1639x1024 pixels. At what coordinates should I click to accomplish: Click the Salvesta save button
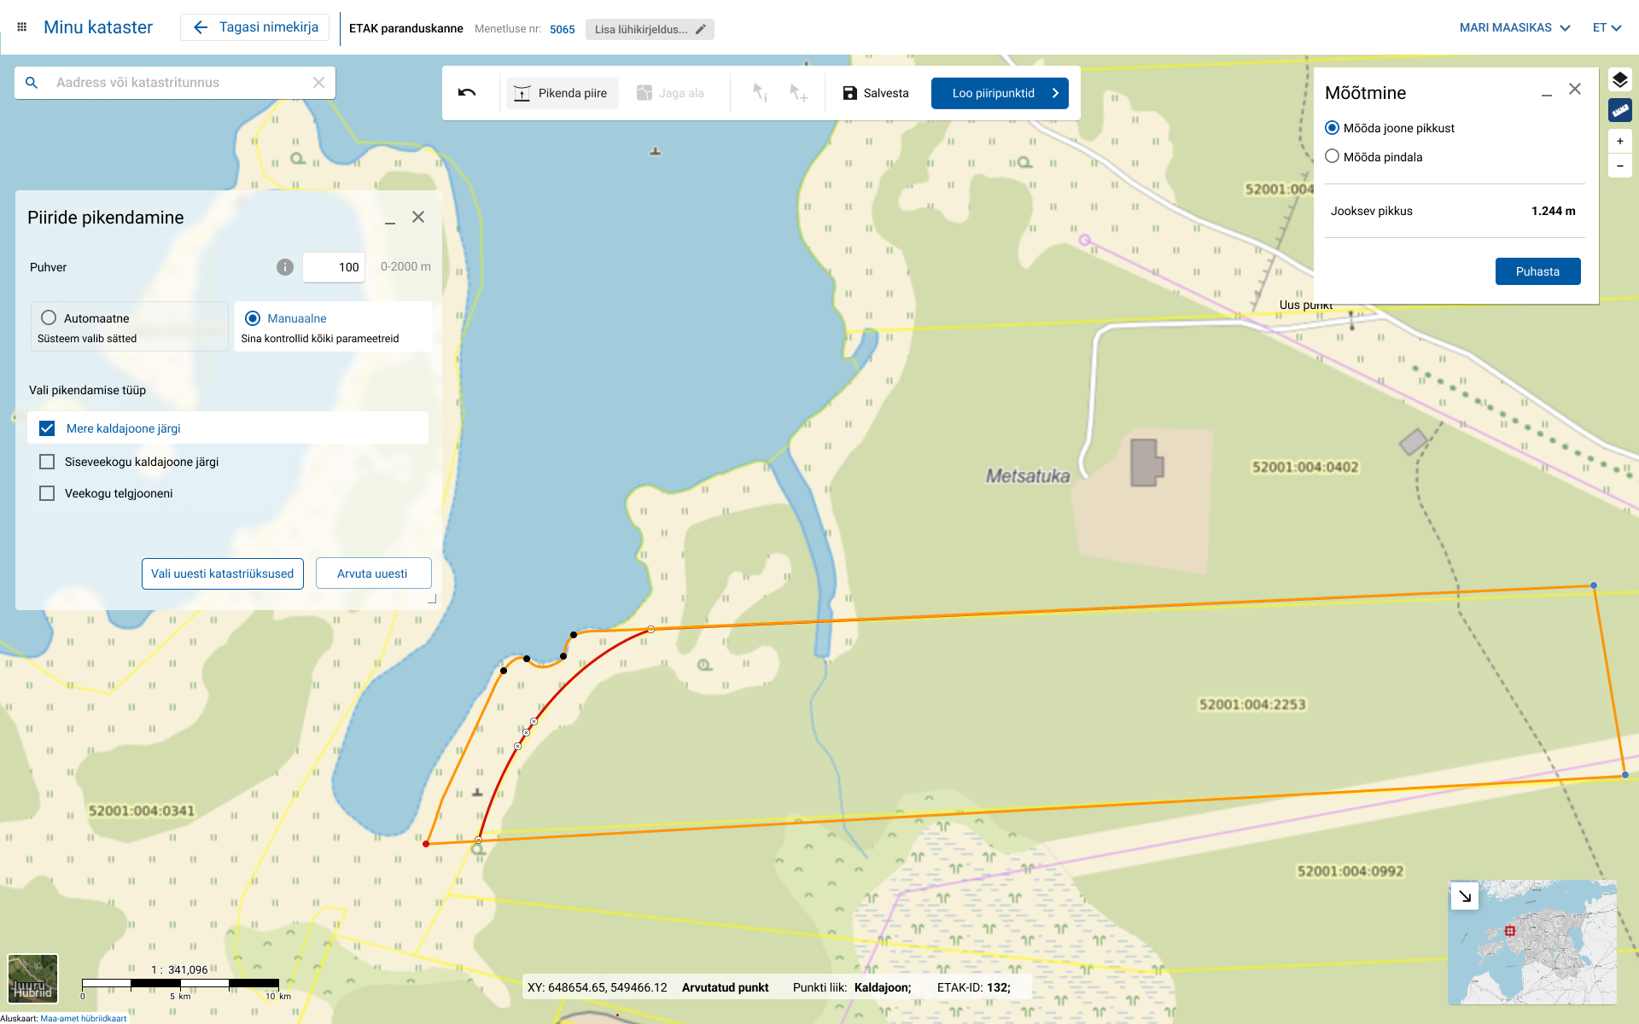875,93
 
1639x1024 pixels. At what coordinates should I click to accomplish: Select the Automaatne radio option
50,318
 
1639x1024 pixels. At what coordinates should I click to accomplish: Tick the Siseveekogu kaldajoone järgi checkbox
47,462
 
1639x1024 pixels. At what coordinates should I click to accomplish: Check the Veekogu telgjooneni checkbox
47,493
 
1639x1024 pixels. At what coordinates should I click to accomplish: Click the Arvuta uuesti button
372,573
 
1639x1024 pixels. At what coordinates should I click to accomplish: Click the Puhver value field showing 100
334,267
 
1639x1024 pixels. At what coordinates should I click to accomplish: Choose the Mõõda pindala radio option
1332,157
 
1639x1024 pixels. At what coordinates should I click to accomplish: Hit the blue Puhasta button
1537,271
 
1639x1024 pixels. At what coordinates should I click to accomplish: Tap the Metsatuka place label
1028,476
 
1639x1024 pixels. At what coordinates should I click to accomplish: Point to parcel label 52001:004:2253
1252,704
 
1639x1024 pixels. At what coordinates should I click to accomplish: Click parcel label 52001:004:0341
142,811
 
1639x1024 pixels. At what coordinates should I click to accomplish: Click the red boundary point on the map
426,844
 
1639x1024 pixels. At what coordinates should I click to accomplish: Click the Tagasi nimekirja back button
255,27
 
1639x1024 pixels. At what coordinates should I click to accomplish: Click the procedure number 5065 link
562,29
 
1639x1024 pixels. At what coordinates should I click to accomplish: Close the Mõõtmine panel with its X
1575,90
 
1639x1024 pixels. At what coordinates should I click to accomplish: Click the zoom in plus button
1619,141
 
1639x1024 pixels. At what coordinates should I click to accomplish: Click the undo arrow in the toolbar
467,93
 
